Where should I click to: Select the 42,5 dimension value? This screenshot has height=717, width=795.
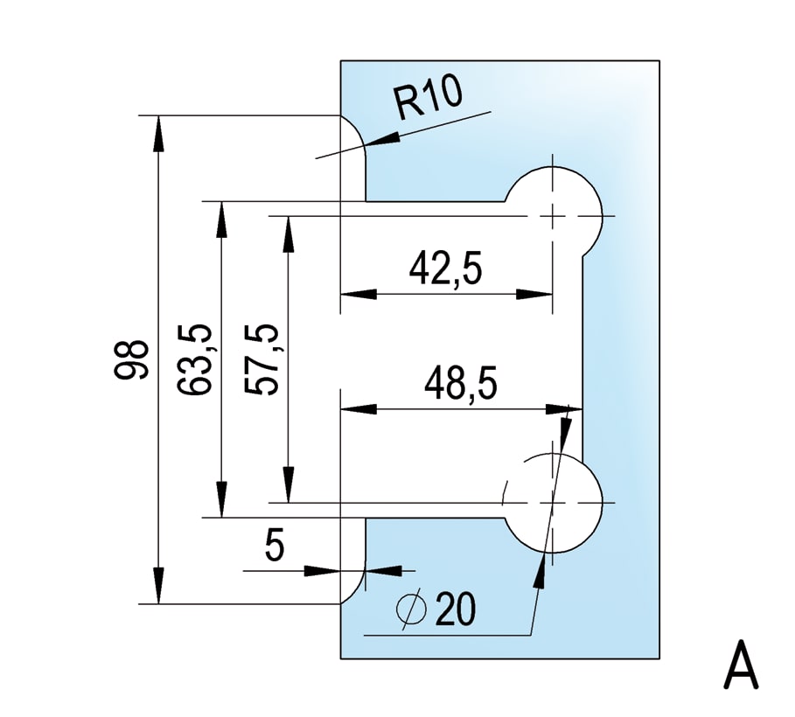tap(446, 269)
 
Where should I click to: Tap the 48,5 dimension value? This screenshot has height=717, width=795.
tap(461, 384)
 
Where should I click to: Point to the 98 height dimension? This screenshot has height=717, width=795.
tap(132, 358)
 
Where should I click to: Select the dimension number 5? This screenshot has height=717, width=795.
tap(275, 547)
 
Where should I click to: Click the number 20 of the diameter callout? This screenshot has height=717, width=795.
tap(455, 609)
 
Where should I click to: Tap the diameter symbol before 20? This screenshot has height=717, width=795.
tap(412, 609)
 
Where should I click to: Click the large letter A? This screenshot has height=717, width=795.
tap(741, 667)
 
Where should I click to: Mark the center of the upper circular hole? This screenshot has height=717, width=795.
tap(553, 215)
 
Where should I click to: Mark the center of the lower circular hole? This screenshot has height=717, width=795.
tap(553, 503)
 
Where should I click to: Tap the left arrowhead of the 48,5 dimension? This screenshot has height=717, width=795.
tap(354, 408)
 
